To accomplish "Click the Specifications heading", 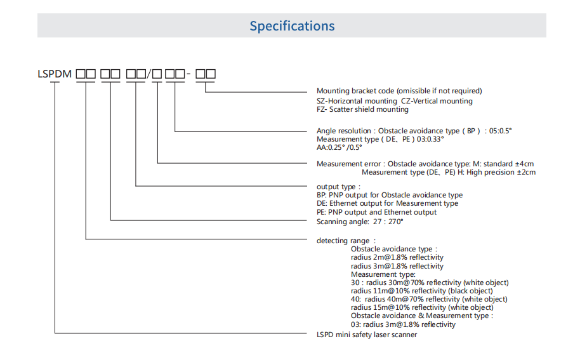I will (x=292, y=26).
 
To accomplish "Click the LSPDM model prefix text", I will (x=55, y=74).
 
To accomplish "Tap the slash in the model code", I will (x=150, y=74).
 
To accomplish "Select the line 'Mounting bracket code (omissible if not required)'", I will (x=399, y=91).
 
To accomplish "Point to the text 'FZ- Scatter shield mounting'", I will (x=362, y=109).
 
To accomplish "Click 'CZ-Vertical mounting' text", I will (x=437, y=100).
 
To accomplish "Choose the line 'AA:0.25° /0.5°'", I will (x=339, y=147).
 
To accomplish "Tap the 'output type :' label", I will (x=336, y=187).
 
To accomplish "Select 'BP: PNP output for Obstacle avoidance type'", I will (x=389, y=195).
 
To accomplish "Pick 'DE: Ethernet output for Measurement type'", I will (x=387, y=203).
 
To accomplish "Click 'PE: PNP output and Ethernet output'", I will (x=376, y=212).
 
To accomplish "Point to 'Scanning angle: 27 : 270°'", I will (x=360, y=222).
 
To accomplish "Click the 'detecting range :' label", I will (x=346, y=241).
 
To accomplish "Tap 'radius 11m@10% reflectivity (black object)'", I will (x=421, y=291).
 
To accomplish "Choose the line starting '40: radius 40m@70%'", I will (x=429, y=299).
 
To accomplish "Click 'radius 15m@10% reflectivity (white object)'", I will (x=421, y=307).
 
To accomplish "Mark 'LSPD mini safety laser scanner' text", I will (x=367, y=335).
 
